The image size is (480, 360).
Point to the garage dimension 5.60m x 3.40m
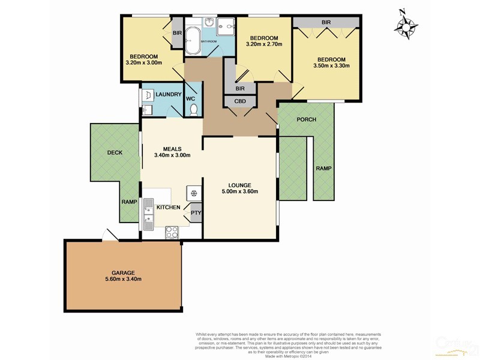122,279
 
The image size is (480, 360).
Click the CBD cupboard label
240,101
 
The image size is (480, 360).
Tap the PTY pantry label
195,212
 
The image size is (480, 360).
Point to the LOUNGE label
239,185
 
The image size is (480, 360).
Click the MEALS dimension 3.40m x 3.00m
172,155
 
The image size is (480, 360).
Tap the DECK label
115,152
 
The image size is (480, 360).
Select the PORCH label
307,119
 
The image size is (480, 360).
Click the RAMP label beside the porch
323,169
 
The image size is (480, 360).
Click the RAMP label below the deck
130,202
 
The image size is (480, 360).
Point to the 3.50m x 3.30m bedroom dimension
331,66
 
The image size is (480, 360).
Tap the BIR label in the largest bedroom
326,22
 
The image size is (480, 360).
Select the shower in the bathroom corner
225,28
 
